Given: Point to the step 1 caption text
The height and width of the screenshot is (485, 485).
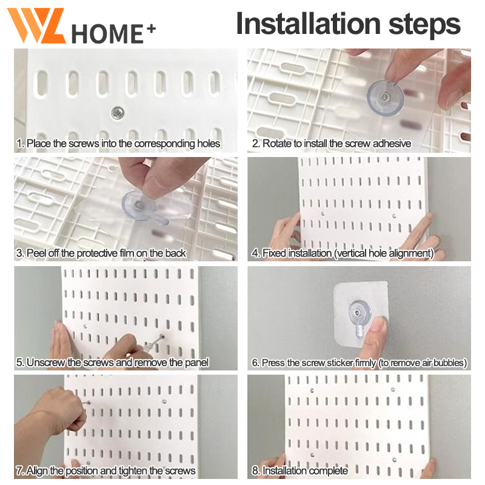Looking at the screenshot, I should point(118,144).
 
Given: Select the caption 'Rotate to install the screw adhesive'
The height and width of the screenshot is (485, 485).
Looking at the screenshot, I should point(332,144).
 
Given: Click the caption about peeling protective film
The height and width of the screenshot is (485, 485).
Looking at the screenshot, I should point(101,253).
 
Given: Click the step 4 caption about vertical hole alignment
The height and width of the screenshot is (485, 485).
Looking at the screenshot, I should point(343,253).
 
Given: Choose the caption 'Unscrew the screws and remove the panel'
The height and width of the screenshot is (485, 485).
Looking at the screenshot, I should point(112,363).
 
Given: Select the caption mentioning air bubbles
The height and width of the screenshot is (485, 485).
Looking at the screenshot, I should point(359,363).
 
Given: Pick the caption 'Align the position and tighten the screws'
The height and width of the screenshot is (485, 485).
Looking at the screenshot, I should point(105,471).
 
